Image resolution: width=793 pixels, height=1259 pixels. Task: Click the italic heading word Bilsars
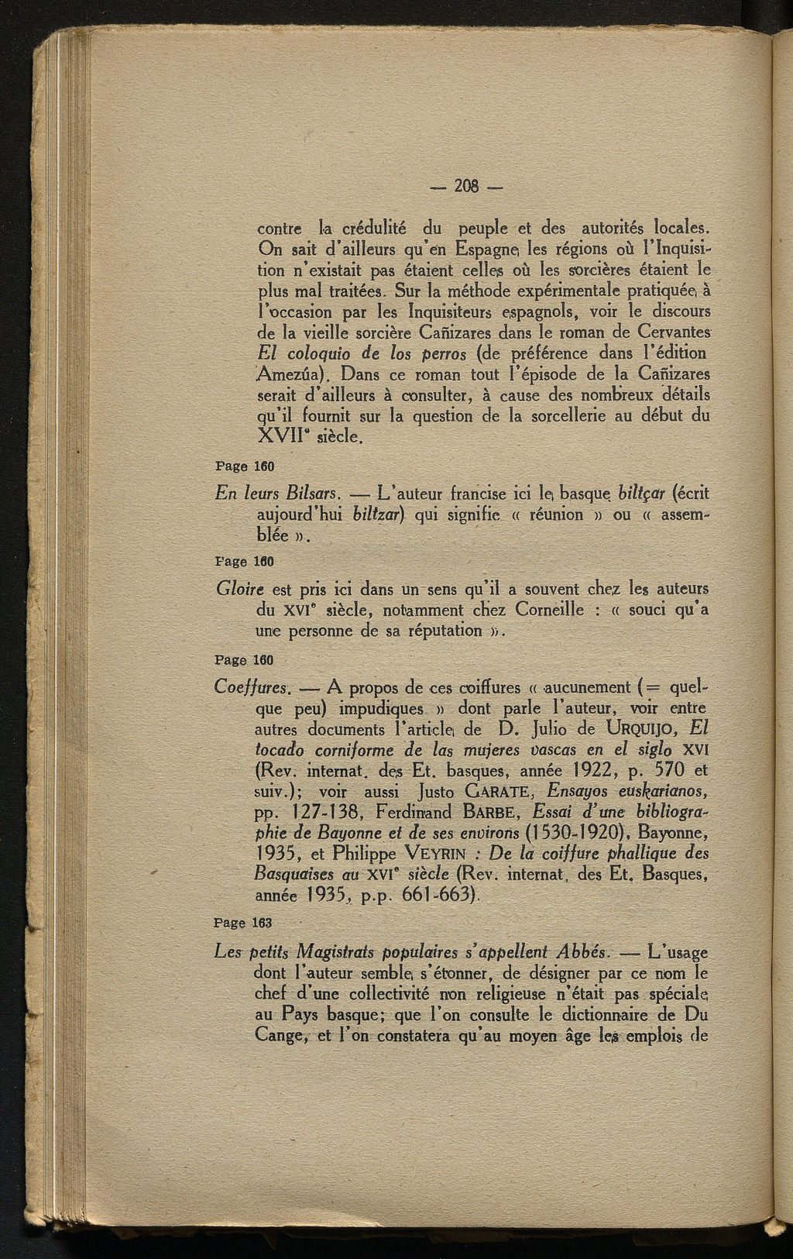tap(310, 494)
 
